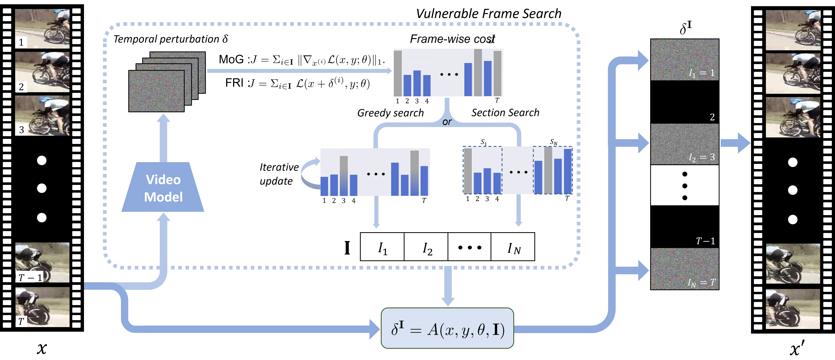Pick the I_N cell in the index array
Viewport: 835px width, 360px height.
[513, 247]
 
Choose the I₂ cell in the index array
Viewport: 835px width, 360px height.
[426, 247]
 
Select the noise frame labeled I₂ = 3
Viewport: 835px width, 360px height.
[685, 144]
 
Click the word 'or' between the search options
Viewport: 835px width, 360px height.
[447, 122]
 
